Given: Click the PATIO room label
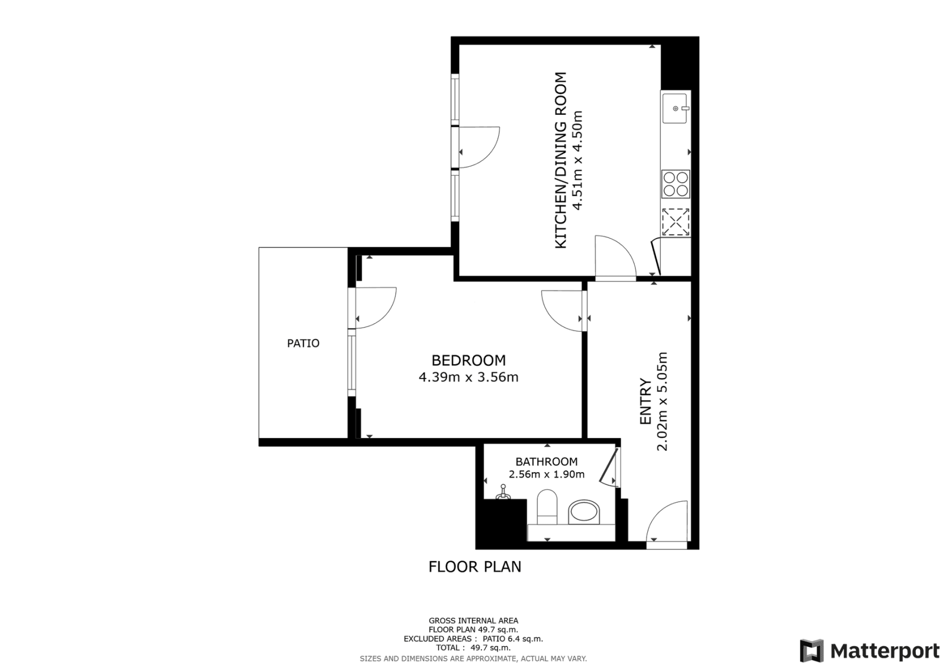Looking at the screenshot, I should pyautogui.click(x=303, y=343).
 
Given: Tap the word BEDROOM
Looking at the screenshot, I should pyautogui.click(x=468, y=360).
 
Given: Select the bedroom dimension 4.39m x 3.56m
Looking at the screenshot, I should pyautogui.click(x=468, y=377).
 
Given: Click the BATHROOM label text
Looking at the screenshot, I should pyautogui.click(x=546, y=461).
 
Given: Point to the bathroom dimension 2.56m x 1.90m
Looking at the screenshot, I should pyautogui.click(x=546, y=474).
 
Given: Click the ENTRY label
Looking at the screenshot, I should pyautogui.click(x=645, y=402).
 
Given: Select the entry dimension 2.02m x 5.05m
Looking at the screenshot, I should pyautogui.click(x=662, y=401).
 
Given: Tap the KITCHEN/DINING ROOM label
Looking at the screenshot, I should pyautogui.click(x=560, y=160).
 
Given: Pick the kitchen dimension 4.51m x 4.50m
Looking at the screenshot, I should pyautogui.click(x=577, y=160).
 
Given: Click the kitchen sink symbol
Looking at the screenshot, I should pyautogui.click(x=675, y=108).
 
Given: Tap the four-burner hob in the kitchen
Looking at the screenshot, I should pyautogui.click(x=676, y=184).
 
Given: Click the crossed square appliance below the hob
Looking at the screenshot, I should pyautogui.click(x=676, y=222).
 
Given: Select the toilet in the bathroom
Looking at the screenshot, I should pyautogui.click(x=547, y=506).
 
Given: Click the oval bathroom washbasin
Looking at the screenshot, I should pyautogui.click(x=584, y=512).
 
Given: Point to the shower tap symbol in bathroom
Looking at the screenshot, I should pyautogui.click(x=504, y=494).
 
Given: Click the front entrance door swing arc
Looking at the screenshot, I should pyautogui.click(x=667, y=521).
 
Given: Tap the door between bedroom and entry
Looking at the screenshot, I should pyautogui.click(x=563, y=311).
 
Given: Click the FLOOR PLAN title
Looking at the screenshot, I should pyautogui.click(x=475, y=567).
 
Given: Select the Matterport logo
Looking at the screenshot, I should pyautogui.click(x=869, y=651).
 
